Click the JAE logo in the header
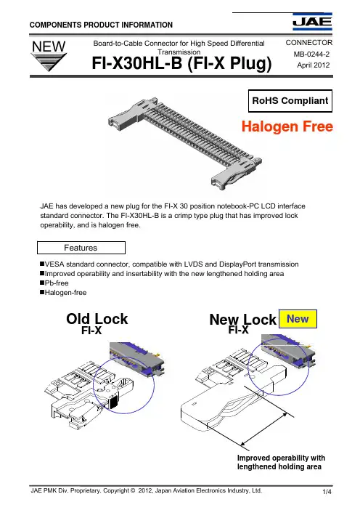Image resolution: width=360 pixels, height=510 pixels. click(x=312, y=22)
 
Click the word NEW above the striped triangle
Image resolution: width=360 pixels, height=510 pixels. click(x=49, y=46)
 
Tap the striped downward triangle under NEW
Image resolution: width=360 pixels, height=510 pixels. click(x=49, y=62)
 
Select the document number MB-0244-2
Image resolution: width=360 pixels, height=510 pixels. click(x=311, y=54)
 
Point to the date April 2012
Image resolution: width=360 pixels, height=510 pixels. click(x=314, y=65)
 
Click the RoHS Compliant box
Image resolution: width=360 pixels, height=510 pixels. click(x=290, y=101)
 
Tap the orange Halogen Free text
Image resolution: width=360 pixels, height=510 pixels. click(x=287, y=126)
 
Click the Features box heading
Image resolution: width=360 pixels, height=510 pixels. click(x=81, y=248)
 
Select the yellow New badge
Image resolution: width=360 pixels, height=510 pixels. click(x=298, y=319)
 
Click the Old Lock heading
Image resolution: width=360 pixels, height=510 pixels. click(x=97, y=319)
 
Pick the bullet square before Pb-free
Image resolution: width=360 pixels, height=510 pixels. click(x=42, y=283)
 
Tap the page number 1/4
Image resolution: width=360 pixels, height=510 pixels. click(x=327, y=491)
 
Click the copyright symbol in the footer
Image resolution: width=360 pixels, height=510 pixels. click(x=133, y=490)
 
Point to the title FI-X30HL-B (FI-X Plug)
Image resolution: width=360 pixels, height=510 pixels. click(x=181, y=63)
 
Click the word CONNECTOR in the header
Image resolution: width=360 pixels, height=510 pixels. click(x=309, y=43)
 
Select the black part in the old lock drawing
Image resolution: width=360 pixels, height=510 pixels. click(x=114, y=402)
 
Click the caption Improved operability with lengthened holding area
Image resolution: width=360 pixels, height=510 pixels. click(x=281, y=462)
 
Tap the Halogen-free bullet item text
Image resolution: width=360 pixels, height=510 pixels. click(x=65, y=292)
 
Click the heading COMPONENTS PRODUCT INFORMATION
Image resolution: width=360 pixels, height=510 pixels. click(x=101, y=25)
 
